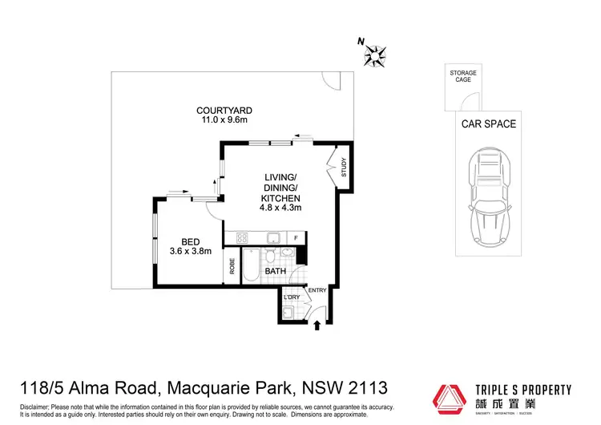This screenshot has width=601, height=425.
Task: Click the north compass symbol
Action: [x=373, y=54]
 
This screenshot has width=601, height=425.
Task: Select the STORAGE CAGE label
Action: [x=462, y=77]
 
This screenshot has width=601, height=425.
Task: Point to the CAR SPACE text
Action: [x=488, y=124]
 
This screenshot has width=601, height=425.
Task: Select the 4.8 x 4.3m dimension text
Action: [x=280, y=208]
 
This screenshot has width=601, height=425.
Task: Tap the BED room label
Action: [x=190, y=241]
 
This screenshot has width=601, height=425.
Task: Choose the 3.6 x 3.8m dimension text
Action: [x=190, y=251]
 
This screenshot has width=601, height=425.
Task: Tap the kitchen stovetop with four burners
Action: [x=243, y=237]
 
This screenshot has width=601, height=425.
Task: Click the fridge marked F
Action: [x=296, y=238]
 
